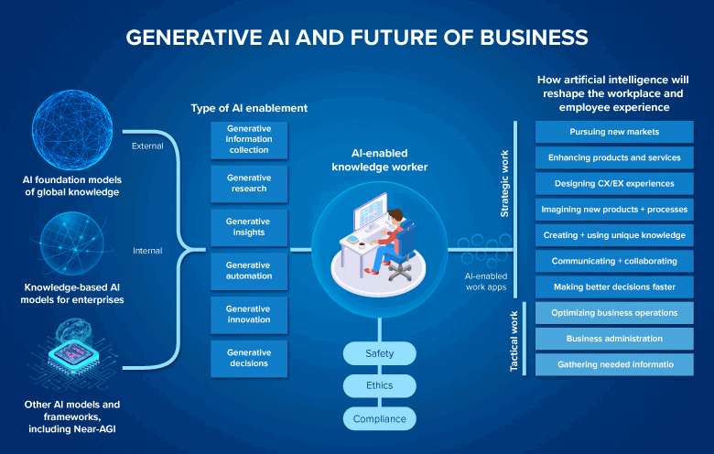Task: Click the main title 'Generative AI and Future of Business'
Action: (x=357, y=37)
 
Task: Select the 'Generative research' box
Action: (x=249, y=183)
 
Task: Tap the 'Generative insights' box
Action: (x=249, y=227)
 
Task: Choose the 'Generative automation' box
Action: (x=249, y=271)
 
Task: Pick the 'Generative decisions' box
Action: (x=249, y=358)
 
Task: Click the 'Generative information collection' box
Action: (x=249, y=139)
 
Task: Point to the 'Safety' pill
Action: (x=379, y=352)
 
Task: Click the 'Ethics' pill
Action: (x=379, y=385)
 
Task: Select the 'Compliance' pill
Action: (x=379, y=419)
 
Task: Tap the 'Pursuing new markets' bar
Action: (x=614, y=132)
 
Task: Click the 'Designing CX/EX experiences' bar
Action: (x=614, y=183)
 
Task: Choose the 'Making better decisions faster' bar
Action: (x=614, y=286)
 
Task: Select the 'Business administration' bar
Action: (x=614, y=339)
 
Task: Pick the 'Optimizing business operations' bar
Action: (x=614, y=313)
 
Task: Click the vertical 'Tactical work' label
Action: (x=514, y=340)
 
